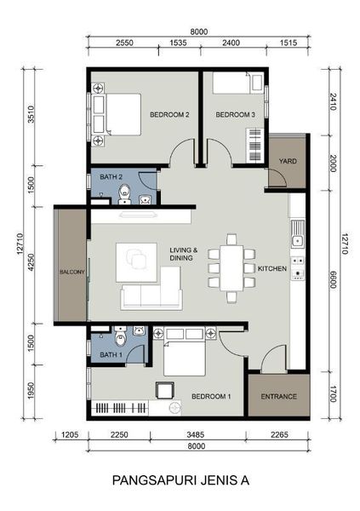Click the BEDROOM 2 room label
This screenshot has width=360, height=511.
pyautogui.click(x=169, y=115)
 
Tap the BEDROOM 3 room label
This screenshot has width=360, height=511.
pyautogui.click(x=235, y=115)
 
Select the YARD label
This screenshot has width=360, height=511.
pyautogui.click(x=288, y=161)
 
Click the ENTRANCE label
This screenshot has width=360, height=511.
pyautogui.click(x=279, y=397)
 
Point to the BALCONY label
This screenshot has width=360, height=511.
pyautogui.click(x=72, y=272)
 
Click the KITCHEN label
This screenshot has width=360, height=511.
pyautogui.click(x=272, y=268)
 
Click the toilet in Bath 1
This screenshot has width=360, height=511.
pyautogui.click(x=121, y=336)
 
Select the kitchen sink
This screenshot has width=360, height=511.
pyautogui.click(x=298, y=233)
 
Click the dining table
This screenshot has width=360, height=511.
pyautogui.click(x=231, y=268)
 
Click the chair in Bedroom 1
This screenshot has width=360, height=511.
pyautogui.click(x=165, y=390)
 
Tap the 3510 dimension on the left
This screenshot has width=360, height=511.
pyautogui.click(x=31, y=114)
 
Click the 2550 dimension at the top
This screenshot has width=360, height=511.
pyautogui.click(x=124, y=43)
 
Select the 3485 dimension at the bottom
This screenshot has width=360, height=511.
pyautogui.click(x=196, y=434)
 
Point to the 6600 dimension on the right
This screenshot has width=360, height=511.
pyautogui.click(x=333, y=279)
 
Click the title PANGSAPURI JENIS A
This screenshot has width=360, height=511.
pyautogui.click(x=180, y=480)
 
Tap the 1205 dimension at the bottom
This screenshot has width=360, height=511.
pyautogui.click(x=70, y=434)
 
